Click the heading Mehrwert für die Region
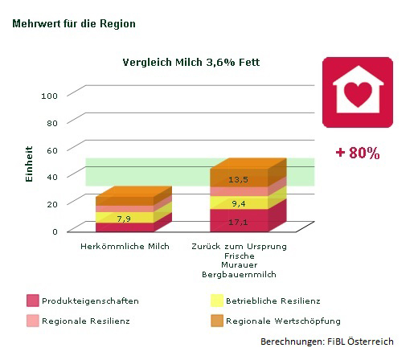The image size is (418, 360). [74, 24]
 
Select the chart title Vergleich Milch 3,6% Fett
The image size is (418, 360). [191, 63]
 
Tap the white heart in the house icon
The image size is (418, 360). [359, 94]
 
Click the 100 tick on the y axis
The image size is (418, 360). [50, 96]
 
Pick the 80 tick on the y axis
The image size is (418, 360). [53, 122]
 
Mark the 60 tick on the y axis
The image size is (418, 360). [53, 149]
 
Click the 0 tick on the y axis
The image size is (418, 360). [55, 231]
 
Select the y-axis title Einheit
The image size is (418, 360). [29, 163]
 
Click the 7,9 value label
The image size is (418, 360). [124, 219]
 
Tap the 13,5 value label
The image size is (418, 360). [238, 179]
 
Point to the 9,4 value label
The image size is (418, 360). [238, 203]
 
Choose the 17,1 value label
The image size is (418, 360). [238, 222]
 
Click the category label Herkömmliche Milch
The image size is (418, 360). [125, 246]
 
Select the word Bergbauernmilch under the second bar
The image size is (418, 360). [239, 275]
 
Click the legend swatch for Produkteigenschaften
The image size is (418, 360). [32, 301]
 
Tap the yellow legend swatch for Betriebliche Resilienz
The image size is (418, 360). [216, 301]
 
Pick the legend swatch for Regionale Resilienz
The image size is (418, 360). [32, 321]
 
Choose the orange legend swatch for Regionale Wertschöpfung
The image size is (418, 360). [216, 321]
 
